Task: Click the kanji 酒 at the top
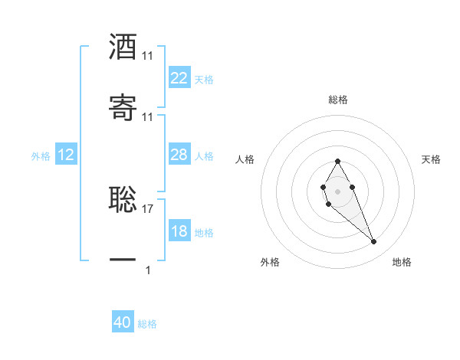pyautogui.click(x=123, y=47)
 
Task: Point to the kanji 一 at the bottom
pyautogui.click(x=123, y=260)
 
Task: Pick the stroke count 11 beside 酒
pyautogui.click(x=148, y=56)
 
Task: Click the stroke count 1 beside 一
pyautogui.click(x=148, y=270)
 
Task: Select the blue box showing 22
pyautogui.click(x=179, y=78)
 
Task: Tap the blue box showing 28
pyautogui.click(x=179, y=155)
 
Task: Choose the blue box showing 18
pyautogui.click(x=179, y=231)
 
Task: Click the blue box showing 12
pyautogui.click(x=66, y=155)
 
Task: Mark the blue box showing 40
pyautogui.click(x=123, y=323)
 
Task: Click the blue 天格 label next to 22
pyautogui.click(x=204, y=80)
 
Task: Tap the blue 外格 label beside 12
pyautogui.click(x=41, y=156)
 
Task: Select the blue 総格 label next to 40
pyautogui.click(x=147, y=324)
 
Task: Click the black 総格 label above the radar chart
pyautogui.click(x=338, y=100)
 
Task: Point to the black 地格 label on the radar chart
pyautogui.click(x=402, y=262)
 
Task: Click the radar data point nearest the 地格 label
pyautogui.click(x=374, y=242)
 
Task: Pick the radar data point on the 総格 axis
pyautogui.click(x=337, y=161)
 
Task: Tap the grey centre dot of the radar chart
pyautogui.click(x=337, y=190)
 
